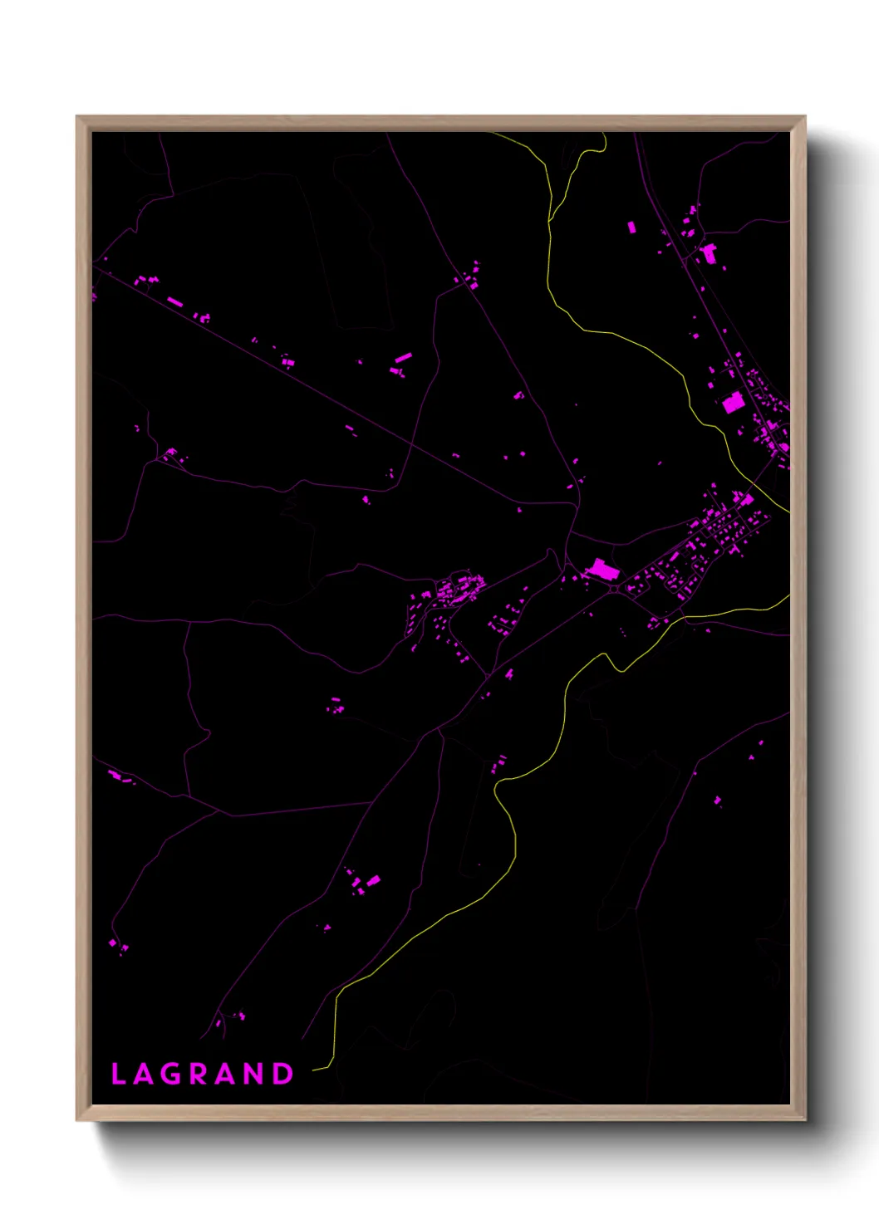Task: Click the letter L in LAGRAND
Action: click(117, 1075)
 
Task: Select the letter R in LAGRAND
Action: click(199, 1075)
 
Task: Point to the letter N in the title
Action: click(255, 1075)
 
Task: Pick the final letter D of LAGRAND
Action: click(284, 1075)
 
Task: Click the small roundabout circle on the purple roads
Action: click(614, 589)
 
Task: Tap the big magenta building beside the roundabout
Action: click(602, 570)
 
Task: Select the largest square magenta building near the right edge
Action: click(732, 403)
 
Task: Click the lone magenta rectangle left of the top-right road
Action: click(631, 227)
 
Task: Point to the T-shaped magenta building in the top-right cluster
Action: click(709, 252)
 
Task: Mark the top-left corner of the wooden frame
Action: click(77, 117)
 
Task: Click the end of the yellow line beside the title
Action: click(314, 1070)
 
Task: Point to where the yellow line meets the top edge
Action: click(490, 133)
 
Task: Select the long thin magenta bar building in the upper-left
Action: click(174, 301)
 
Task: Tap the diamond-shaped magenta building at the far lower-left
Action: click(112, 943)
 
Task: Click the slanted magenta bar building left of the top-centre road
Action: click(403, 359)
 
